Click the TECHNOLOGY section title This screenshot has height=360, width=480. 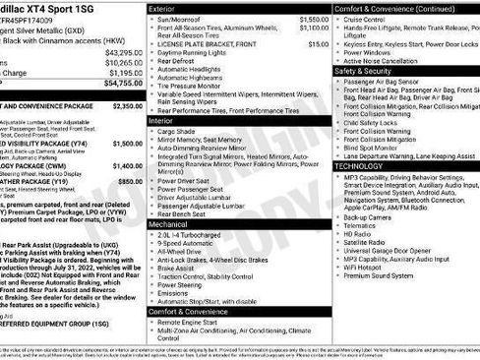click(x=359, y=166)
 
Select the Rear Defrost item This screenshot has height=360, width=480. click(x=182, y=62)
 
